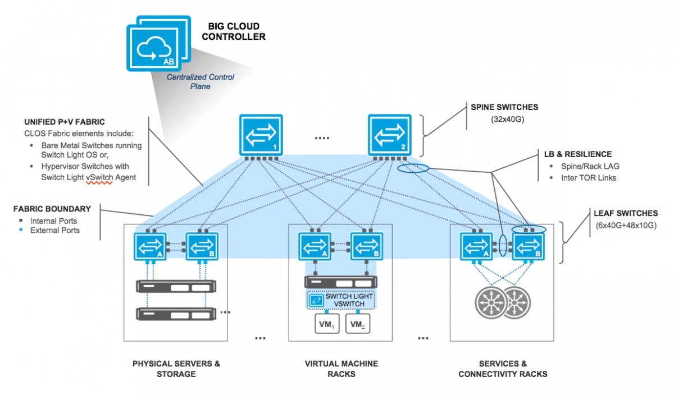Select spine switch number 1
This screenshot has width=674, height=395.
click(x=261, y=135)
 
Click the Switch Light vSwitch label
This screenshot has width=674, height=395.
click(x=349, y=300)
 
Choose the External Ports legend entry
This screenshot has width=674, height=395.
click(x=54, y=231)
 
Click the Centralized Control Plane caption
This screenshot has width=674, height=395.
click(x=201, y=82)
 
